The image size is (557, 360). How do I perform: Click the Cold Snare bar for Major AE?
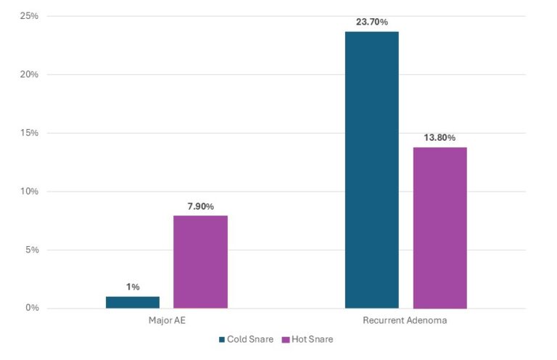tap(133, 302)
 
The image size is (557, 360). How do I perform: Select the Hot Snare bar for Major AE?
tap(201, 262)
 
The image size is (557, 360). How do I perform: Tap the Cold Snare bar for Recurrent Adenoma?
tap(372, 170)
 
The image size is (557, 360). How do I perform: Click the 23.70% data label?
tap(371, 22)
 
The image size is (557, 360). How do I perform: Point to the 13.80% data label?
tap(440, 138)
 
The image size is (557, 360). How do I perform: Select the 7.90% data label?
tap(200, 206)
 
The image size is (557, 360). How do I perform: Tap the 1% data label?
tap(133, 287)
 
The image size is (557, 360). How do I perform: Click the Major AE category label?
tap(166, 319)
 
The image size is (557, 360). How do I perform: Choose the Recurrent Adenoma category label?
tap(405, 319)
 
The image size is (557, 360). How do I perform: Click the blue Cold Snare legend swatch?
tap(222, 339)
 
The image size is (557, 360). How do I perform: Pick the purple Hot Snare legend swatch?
tap(285, 339)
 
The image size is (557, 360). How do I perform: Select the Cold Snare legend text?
tap(250, 339)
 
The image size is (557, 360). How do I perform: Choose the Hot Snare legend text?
tap(312, 339)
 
